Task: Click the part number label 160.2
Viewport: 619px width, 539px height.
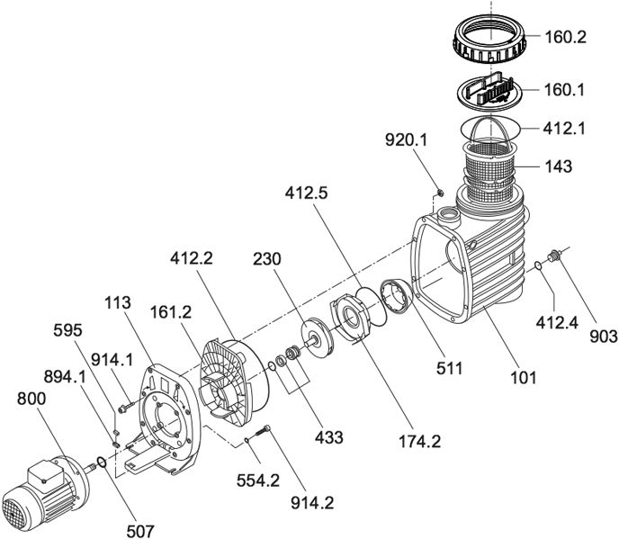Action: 566,39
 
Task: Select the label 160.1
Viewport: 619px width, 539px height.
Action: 566,90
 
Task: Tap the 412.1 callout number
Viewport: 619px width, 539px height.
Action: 566,129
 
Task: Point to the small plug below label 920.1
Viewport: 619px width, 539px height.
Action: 440,193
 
